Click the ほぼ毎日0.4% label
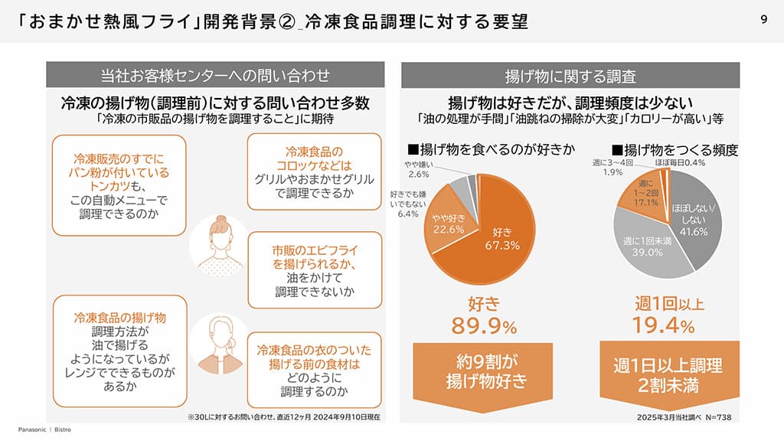coord(679,163)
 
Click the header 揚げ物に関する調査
coord(570,76)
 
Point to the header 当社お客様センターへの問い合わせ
coord(215,75)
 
